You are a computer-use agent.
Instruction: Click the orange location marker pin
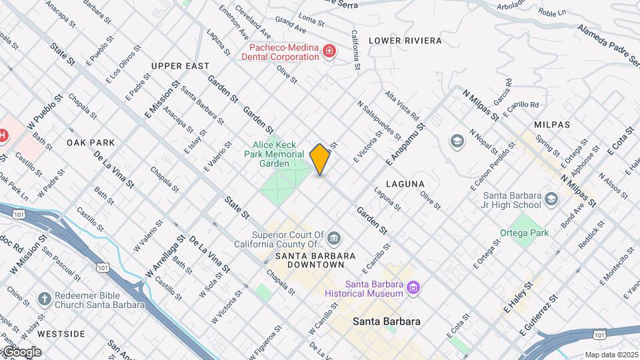click(x=320, y=159)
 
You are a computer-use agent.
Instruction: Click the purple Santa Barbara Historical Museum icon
click(x=414, y=288)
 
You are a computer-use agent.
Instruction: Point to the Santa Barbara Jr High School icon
click(x=551, y=199)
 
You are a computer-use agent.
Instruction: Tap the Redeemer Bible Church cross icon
click(x=44, y=299)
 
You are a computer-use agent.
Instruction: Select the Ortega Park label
click(x=525, y=233)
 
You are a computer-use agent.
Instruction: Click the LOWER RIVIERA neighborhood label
click(x=405, y=41)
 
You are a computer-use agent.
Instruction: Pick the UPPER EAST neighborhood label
click(x=180, y=66)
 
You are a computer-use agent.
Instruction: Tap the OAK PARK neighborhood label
click(x=91, y=143)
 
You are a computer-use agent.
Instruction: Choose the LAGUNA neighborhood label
click(x=405, y=183)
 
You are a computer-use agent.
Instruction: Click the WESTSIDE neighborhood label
click(x=61, y=333)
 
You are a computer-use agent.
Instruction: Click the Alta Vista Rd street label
click(x=402, y=105)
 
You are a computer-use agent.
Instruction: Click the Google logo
click(x=21, y=351)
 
